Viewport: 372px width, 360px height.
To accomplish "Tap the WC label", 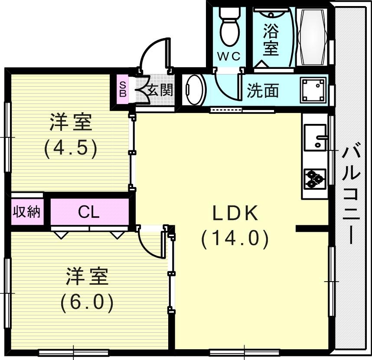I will click(x=228, y=57).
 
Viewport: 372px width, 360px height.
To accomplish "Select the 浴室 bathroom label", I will click(x=271, y=40).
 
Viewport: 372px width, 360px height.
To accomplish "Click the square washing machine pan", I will click(x=313, y=91).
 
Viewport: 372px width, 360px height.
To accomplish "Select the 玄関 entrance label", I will click(x=160, y=90).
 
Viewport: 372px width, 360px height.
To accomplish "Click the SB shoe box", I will click(x=123, y=89).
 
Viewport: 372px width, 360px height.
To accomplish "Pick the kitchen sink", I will click(x=315, y=137).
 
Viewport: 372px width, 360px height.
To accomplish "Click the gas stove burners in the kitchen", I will click(x=315, y=178).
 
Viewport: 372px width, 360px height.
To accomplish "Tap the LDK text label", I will click(x=235, y=213).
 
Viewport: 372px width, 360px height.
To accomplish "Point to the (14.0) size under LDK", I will click(x=235, y=239).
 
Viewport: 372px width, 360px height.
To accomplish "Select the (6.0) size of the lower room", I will click(x=87, y=302).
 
